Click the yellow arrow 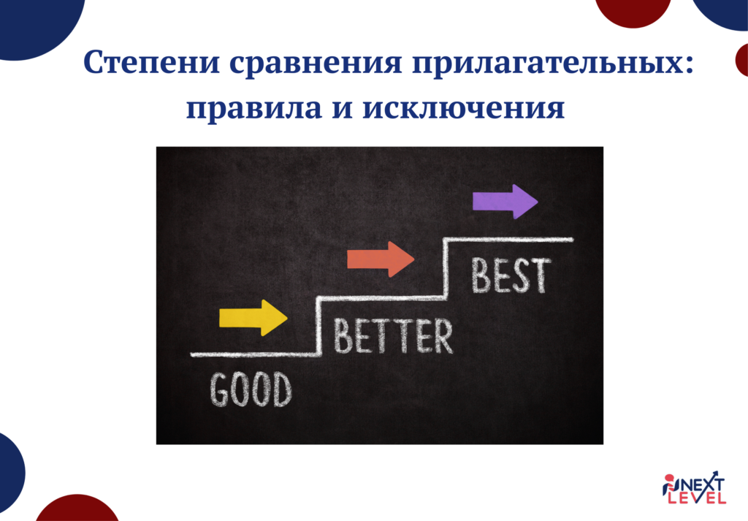coord(253,318)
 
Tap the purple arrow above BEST coord(505,201)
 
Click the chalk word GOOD coord(251,389)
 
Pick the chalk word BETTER coord(393,335)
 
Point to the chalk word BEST coord(510,275)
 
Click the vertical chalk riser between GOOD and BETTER coord(318,326)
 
